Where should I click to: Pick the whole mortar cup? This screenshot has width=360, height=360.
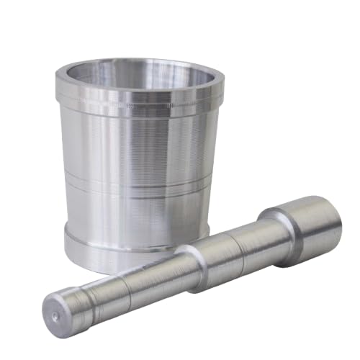(x=137, y=158)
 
